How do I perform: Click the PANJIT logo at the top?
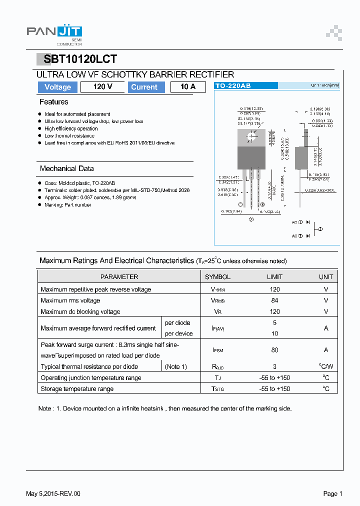point(54,33)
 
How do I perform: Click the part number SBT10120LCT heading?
point(80,59)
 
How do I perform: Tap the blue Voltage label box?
point(58,87)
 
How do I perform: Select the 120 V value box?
point(102,87)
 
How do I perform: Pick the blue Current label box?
point(144,87)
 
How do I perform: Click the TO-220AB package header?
point(233,86)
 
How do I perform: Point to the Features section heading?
point(54,102)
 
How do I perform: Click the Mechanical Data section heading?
point(66,168)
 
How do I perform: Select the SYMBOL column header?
point(217,276)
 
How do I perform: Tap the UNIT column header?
point(326,276)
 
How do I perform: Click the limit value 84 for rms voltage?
point(274,300)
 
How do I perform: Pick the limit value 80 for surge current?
point(274,350)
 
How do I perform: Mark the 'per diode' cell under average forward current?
point(177,323)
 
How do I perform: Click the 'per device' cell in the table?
point(178,333)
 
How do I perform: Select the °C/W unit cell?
point(326,366)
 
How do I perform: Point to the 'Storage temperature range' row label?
point(77,389)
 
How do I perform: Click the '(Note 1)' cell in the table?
point(176,366)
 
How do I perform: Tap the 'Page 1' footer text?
point(332,493)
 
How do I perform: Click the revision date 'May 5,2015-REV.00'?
point(53,493)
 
